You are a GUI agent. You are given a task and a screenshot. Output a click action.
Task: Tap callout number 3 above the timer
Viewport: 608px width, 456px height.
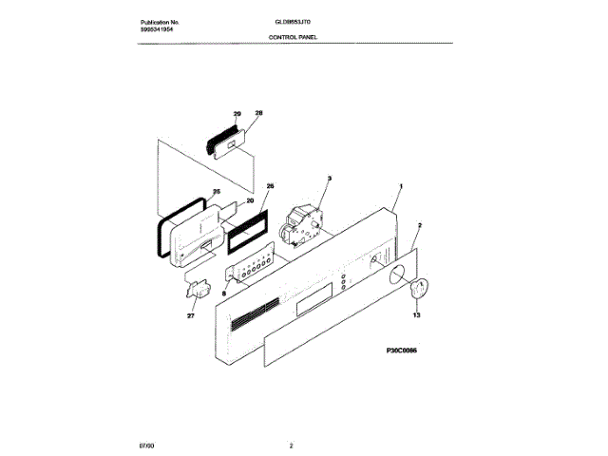(329, 178)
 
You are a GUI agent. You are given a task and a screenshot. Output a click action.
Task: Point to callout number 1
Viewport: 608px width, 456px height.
(402, 188)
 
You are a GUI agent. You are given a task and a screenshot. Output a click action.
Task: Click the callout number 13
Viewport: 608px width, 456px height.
(415, 313)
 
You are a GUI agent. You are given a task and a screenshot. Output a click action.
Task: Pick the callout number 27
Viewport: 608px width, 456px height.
(190, 315)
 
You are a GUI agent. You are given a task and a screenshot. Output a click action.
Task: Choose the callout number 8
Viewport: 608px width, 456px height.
(224, 294)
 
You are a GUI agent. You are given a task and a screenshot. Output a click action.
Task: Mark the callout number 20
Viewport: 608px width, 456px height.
(249, 200)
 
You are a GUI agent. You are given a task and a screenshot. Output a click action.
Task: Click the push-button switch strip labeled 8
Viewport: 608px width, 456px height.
(249, 272)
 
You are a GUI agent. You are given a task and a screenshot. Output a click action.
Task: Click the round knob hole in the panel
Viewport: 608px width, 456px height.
(393, 275)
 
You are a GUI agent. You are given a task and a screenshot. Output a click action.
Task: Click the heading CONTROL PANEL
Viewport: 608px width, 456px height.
(294, 37)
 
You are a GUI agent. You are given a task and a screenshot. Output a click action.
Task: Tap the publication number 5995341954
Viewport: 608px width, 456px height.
(158, 29)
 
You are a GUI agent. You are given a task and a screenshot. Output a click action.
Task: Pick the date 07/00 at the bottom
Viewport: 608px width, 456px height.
(147, 444)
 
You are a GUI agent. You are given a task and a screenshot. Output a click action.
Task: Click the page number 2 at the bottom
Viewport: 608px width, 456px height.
(292, 444)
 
